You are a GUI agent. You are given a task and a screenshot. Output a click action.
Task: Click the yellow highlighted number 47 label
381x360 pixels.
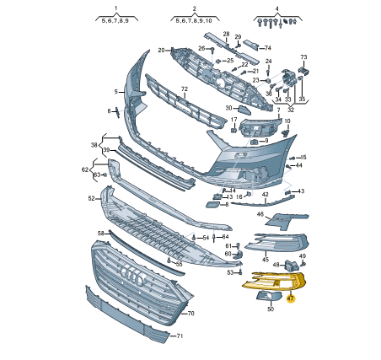coord(291,298)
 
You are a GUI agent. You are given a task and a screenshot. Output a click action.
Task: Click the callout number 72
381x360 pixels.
coord(185,89)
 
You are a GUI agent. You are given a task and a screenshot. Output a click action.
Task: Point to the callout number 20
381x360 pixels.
coord(161,51)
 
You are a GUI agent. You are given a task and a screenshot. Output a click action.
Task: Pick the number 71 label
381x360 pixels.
coord(180,336)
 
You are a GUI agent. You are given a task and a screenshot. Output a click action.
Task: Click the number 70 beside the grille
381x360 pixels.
coord(190,313)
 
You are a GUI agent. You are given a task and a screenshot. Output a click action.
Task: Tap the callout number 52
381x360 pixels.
coord(92,198)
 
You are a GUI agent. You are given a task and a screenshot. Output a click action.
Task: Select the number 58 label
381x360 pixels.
coord(101,234)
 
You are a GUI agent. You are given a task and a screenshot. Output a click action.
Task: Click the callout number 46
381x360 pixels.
coord(260,214)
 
